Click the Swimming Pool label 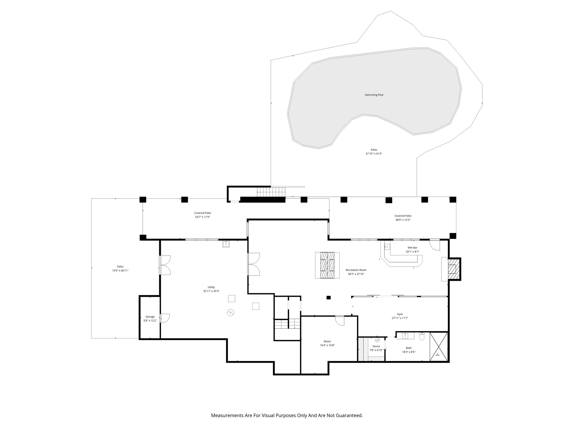[x=374, y=95]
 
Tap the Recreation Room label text [x=356, y=270]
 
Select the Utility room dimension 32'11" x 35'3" [x=211, y=291]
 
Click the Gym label [x=400, y=314]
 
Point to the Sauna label [x=376, y=346]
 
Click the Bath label [x=409, y=348]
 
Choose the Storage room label [x=150, y=317]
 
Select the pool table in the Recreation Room [x=327, y=265]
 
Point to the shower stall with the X [x=439, y=347]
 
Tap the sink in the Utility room [x=226, y=244]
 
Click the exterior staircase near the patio [x=271, y=192]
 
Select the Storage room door [x=165, y=318]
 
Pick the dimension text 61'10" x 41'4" [x=374, y=154]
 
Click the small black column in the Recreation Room [x=329, y=298]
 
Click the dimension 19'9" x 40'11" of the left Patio [x=120, y=270]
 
